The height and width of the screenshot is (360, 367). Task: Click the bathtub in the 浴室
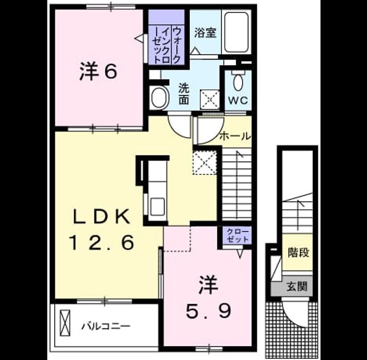(236, 32)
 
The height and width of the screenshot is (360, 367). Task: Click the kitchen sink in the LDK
(157, 207)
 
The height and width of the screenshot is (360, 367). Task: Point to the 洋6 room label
(98, 71)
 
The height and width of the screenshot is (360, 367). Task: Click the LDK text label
(101, 217)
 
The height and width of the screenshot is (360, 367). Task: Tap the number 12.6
(102, 242)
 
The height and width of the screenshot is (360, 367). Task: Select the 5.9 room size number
(208, 311)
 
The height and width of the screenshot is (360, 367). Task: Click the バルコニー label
(105, 326)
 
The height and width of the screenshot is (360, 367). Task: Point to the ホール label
(235, 136)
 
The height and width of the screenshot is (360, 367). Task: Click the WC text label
(238, 101)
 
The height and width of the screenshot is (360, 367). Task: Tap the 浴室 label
(205, 33)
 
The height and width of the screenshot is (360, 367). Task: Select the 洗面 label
(184, 94)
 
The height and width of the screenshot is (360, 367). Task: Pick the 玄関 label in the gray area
(297, 286)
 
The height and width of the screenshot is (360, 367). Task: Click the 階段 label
(298, 253)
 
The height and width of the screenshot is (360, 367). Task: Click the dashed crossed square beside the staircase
(205, 163)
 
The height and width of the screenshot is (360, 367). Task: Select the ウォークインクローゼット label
(167, 45)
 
